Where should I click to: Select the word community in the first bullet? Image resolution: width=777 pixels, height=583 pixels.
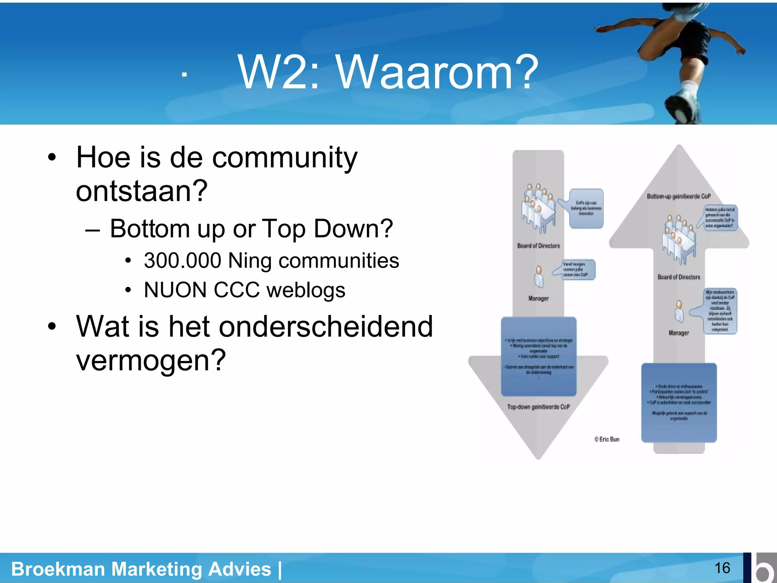coord(285,158)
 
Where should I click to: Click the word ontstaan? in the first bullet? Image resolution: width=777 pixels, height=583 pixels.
coord(142,191)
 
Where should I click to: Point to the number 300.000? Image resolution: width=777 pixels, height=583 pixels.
coord(182,261)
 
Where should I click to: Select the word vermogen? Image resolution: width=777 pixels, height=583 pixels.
coord(151,360)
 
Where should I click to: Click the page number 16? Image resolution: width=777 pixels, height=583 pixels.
coord(722,568)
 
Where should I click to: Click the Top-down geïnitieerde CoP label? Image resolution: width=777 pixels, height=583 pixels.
coord(538,407)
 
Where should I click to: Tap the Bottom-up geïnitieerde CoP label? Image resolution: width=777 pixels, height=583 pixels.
coord(678,196)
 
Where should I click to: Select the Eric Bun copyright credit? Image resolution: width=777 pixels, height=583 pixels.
coord(607,439)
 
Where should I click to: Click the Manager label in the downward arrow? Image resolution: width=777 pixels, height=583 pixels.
coord(538,298)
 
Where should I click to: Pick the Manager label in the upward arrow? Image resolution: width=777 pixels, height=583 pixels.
coord(679,333)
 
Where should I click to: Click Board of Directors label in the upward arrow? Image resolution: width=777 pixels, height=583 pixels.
coord(679,277)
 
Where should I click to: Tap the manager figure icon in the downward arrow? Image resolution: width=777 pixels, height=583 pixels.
coord(538,277)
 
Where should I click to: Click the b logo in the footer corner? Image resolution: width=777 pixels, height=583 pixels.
coord(761,568)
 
